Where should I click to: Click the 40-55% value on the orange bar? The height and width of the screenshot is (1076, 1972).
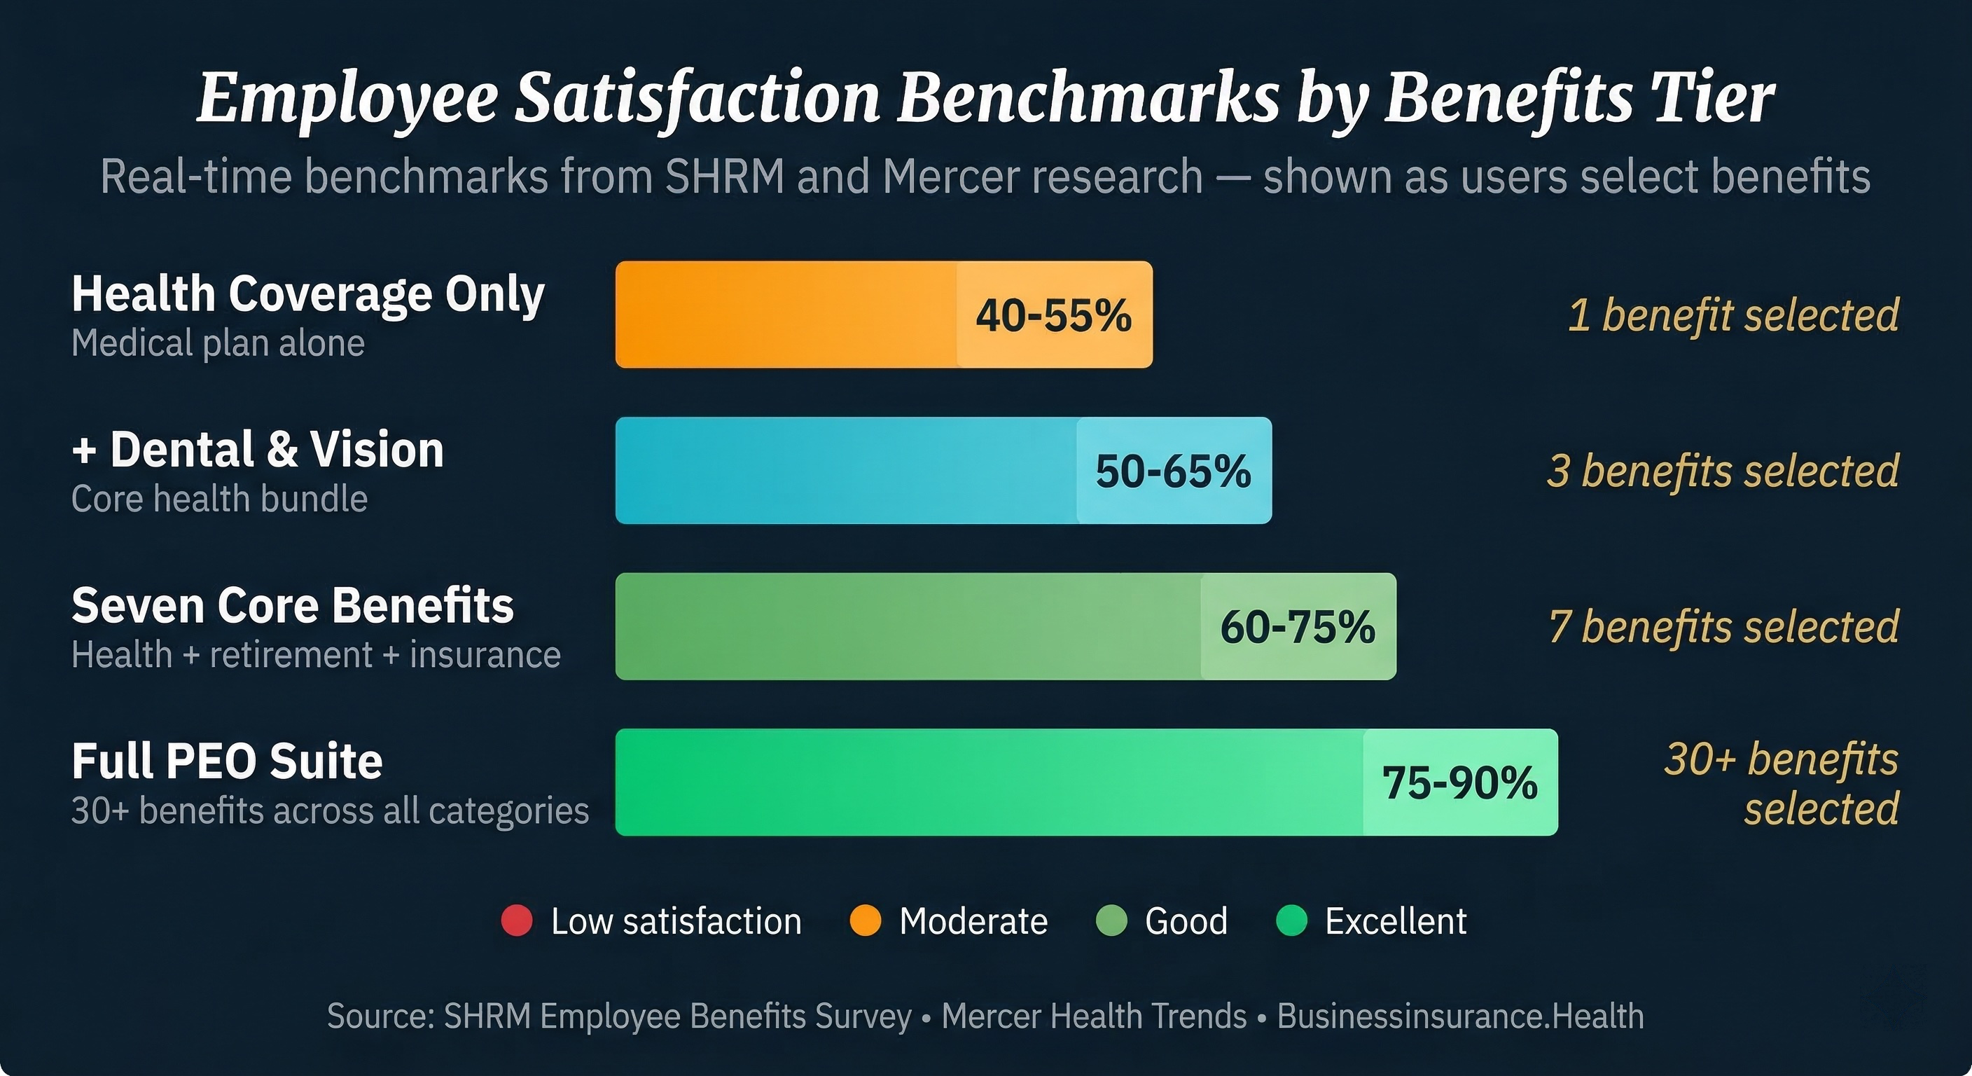pos(1053,315)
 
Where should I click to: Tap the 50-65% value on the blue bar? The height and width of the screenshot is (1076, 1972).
pos(1173,471)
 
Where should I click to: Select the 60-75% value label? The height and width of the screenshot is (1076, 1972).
pos(1298,626)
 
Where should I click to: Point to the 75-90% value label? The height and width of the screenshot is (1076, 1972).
pos(1460,782)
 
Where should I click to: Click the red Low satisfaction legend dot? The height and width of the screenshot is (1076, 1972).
pos(517,920)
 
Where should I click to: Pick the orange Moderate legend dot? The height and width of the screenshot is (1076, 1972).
pos(865,920)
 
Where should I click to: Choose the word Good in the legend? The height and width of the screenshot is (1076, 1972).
pos(1186,920)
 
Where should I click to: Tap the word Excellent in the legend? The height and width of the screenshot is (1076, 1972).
pos(1396,920)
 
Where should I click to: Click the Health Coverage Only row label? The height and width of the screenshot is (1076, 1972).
pos(307,294)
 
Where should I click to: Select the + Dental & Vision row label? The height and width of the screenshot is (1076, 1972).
pos(257,450)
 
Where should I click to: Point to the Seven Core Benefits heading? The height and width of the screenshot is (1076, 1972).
pos(293,606)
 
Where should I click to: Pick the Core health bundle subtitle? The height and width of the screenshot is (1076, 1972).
pos(219,499)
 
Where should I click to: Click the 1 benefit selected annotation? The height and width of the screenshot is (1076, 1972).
pos(1733,315)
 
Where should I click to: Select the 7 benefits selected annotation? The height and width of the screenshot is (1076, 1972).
pos(1723,626)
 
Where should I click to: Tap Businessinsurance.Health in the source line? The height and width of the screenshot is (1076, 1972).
pos(1460,1016)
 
